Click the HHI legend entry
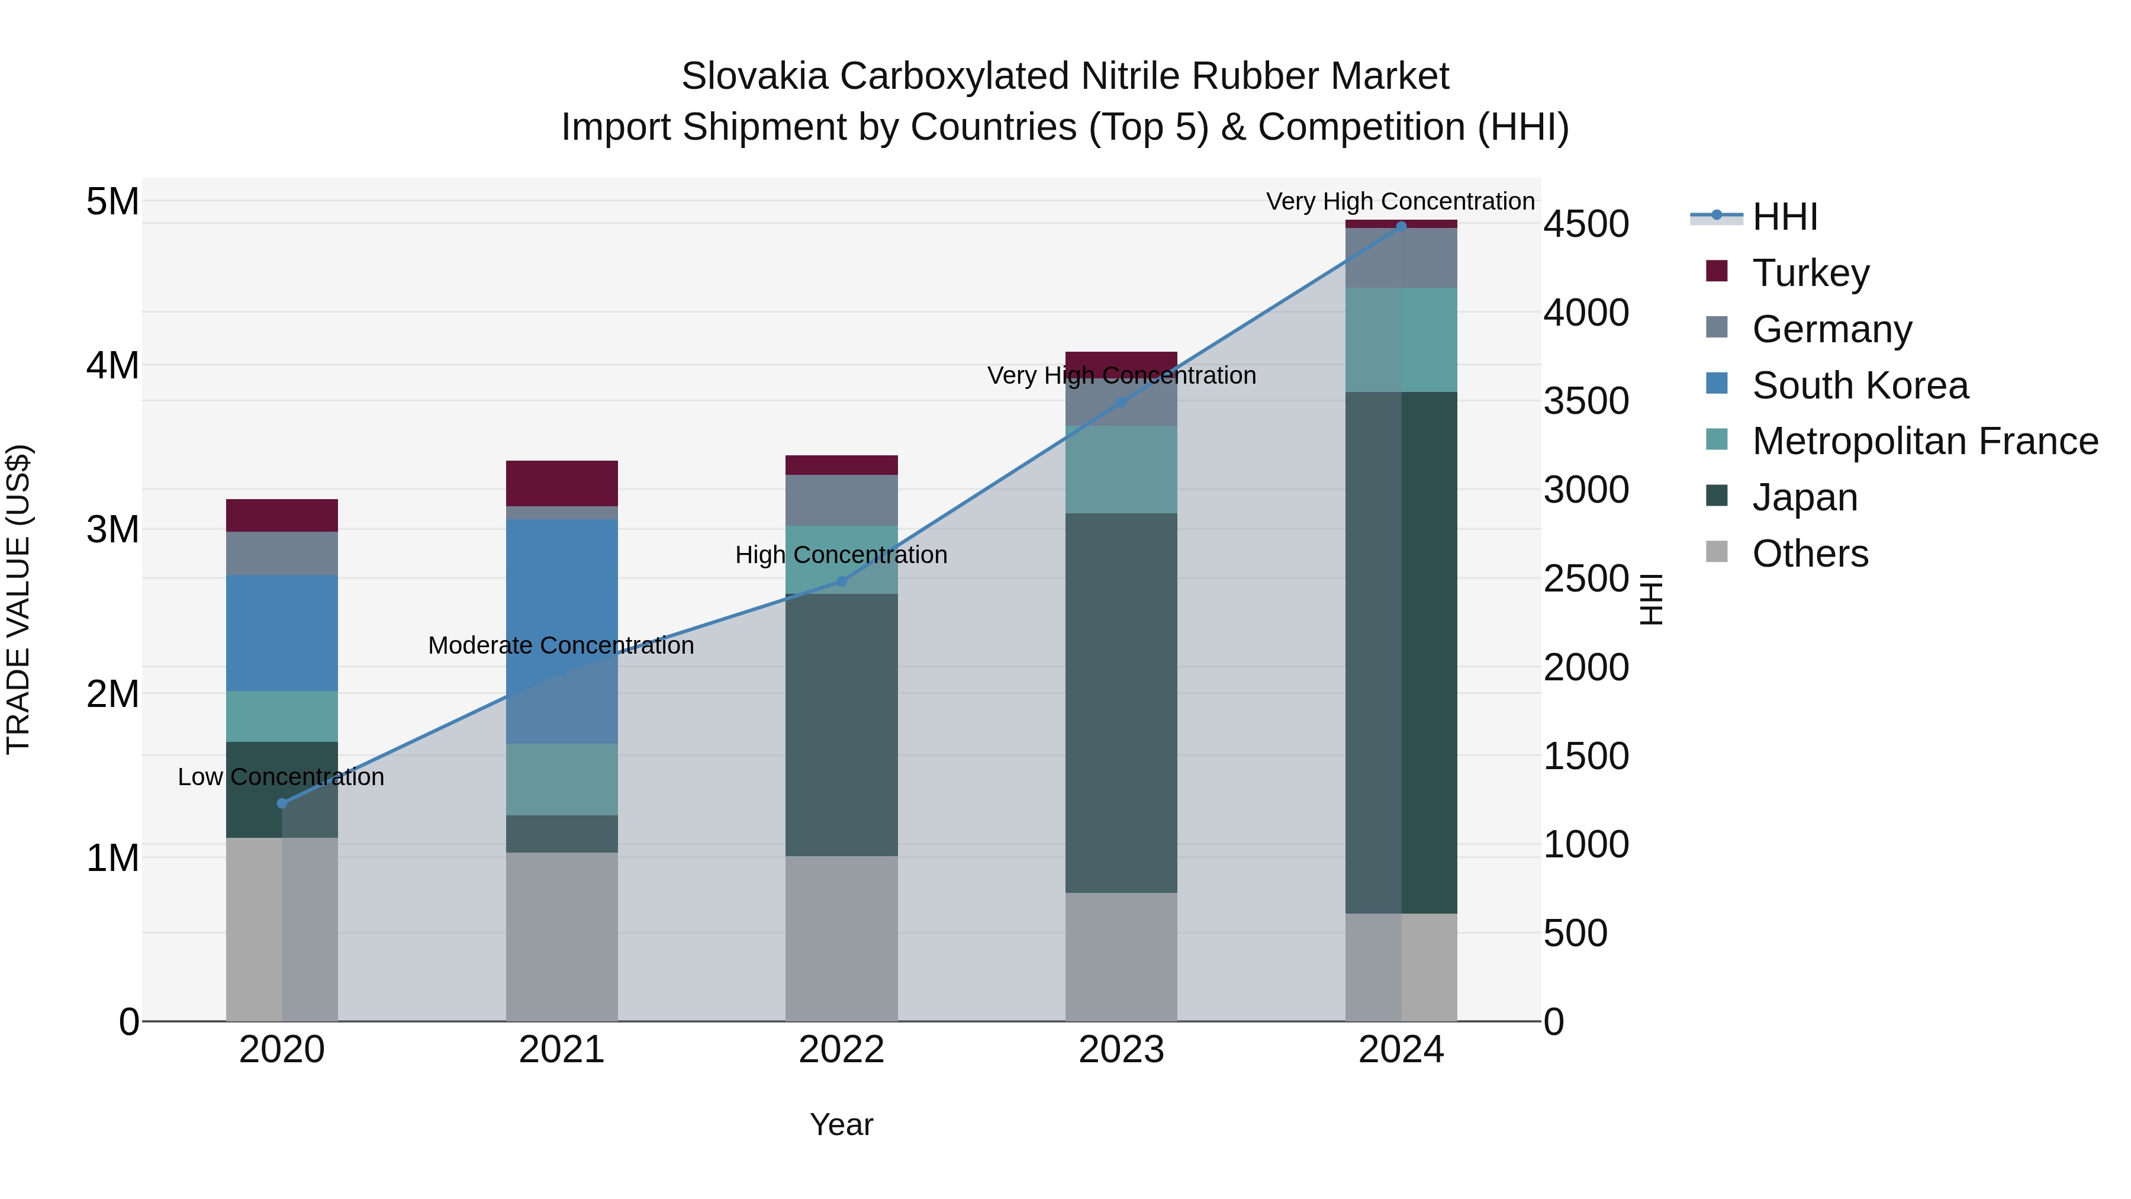click(x=1784, y=217)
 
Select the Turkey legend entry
click(x=1810, y=273)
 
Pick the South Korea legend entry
click(x=1860, y=385)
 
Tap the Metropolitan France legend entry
click(x=1924, y=442)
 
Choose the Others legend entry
click(x=1810, y=554)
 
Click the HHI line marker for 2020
click(x=282, y=803)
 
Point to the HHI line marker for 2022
click(x=841, y=581)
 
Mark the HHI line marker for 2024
click(x=1401, y=226)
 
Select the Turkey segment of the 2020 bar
click(x=282, y=516)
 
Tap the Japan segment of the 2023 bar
click(x=1121, y=703)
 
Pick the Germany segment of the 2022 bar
click(x=841, y=500)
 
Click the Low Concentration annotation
click(x=281, y=777)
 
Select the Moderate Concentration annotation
click(x=561, y=645)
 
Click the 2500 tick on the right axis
click(x=1586, y=579)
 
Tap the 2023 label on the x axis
click(x=1121, y=1050)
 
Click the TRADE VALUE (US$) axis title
click(x=18, y=599)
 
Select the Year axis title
click(x=841, y=1124)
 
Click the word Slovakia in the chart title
click(x=754, y=76)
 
